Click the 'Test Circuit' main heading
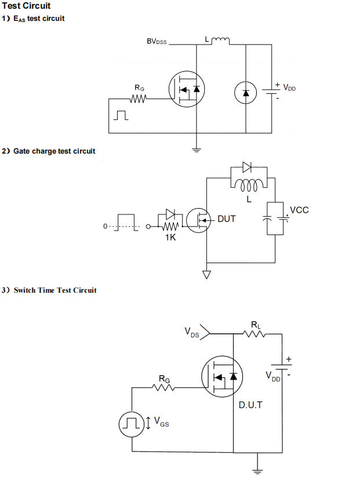click(26, 6)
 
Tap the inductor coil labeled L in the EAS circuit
click(220, 41)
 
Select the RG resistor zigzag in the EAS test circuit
click(139, 99)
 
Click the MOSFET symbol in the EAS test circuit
click(187, 89)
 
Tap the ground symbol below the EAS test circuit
click(197, 150)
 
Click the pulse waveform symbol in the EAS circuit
click(121, 116)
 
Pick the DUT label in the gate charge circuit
click(227, 219)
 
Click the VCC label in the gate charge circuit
click(299, 210)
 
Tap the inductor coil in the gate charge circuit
click(248, 185)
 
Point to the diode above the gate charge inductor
click(248, 168)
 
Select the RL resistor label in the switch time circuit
click(256, 324)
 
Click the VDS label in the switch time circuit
click(192, 333)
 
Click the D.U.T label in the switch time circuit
click(250, 405)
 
